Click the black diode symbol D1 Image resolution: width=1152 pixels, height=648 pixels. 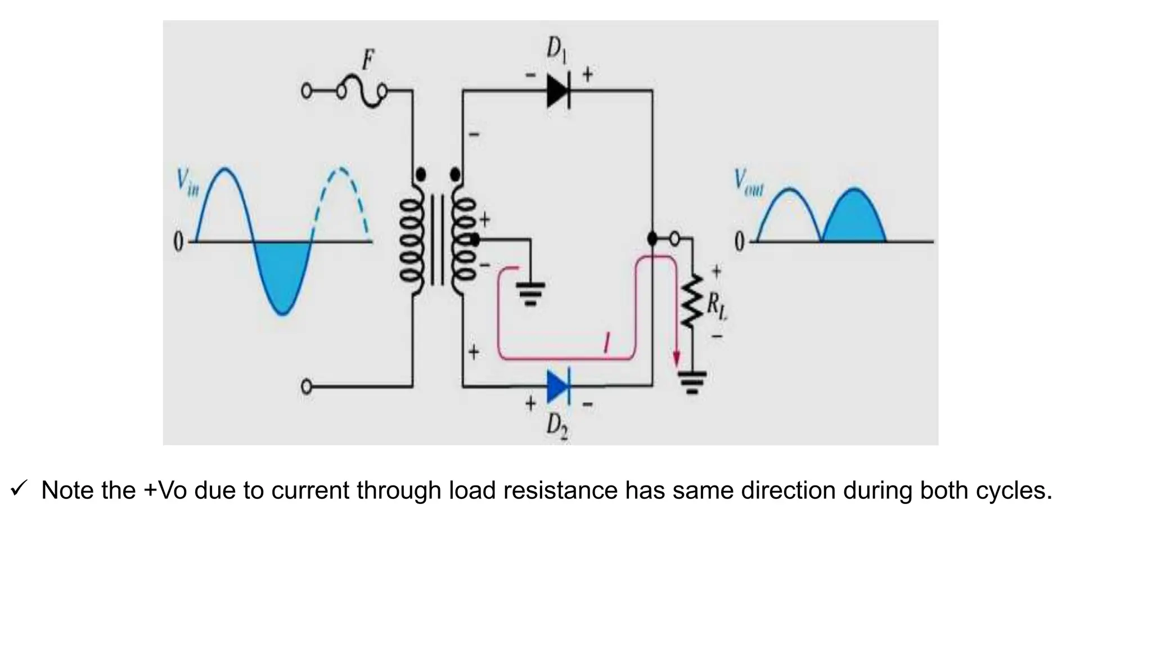click(559, 90)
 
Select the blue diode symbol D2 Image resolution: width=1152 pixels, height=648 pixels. click(559, 386)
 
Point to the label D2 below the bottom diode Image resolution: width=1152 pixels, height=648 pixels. click(557, 426)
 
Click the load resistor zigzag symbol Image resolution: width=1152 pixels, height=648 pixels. click(691, 301)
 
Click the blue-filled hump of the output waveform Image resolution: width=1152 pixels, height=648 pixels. click(854, 219)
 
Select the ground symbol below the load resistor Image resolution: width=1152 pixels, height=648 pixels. click(692, 382)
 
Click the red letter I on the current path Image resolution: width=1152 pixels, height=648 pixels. click(606, 343)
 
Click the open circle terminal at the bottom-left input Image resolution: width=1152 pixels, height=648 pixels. click(307, 387)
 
